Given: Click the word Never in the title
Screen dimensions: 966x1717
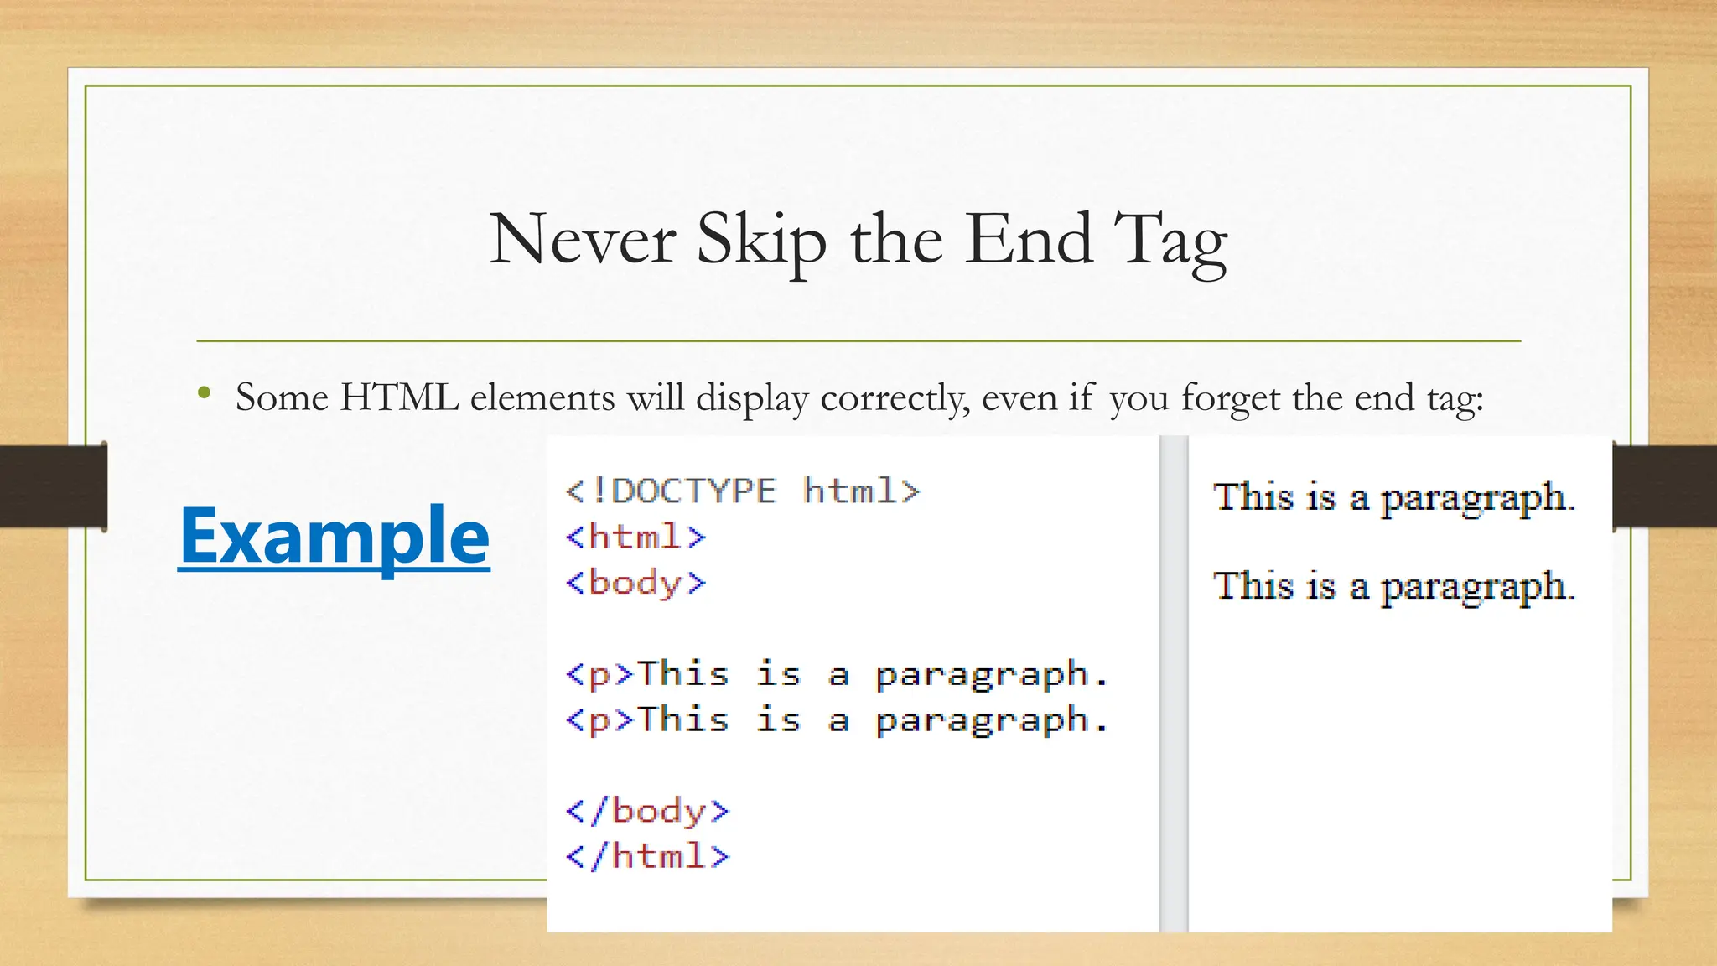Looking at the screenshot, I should point(582,240).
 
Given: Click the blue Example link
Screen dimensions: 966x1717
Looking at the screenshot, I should point(334,537).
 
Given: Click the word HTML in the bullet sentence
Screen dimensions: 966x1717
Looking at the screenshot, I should point(399,397).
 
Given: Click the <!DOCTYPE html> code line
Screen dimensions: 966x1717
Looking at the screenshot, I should point(743,491).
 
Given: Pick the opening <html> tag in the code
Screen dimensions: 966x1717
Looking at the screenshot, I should point(635,537).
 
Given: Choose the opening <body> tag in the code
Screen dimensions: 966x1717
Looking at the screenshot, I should point(635,583).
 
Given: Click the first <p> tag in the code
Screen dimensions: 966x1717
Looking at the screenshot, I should point(599,674).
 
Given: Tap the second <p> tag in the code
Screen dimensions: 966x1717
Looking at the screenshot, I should point(599,720).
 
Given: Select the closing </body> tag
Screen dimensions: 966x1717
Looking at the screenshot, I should point(647,812).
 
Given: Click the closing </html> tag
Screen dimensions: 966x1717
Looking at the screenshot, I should point(647,857).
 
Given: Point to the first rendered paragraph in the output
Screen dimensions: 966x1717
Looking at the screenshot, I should point(1393,497).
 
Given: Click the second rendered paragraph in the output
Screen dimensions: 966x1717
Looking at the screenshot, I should point(1393,586).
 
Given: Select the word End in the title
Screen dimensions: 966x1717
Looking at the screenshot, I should point(1030,240).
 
